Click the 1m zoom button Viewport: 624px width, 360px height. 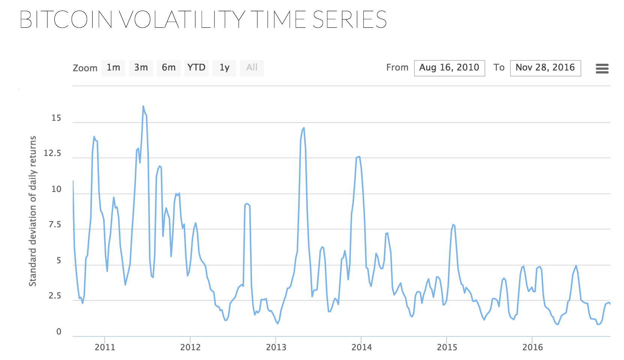point(113,68)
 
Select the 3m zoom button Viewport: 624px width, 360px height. point(141,68)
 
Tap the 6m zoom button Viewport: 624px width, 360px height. point(169,68)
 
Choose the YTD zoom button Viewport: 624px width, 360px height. point(196,68)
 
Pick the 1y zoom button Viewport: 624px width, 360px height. point(224,68)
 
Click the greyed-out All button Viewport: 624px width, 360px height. point(252,68)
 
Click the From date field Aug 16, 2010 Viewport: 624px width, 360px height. point(449,68)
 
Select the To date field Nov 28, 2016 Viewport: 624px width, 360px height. point(545,68)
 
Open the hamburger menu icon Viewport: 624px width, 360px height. point(602,69)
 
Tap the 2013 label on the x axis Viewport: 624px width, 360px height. point(276,347)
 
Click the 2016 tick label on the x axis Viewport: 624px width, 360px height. point(532,347)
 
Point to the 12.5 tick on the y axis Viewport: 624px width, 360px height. point(52,153)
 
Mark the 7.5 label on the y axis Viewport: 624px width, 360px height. point(55,225)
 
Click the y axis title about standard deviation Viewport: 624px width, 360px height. point(33,211)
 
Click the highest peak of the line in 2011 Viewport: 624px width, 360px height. point(143,106)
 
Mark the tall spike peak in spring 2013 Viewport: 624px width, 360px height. point(304,128)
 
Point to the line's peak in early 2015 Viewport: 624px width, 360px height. point(453,225)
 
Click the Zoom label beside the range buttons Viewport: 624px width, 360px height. point(85,68)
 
